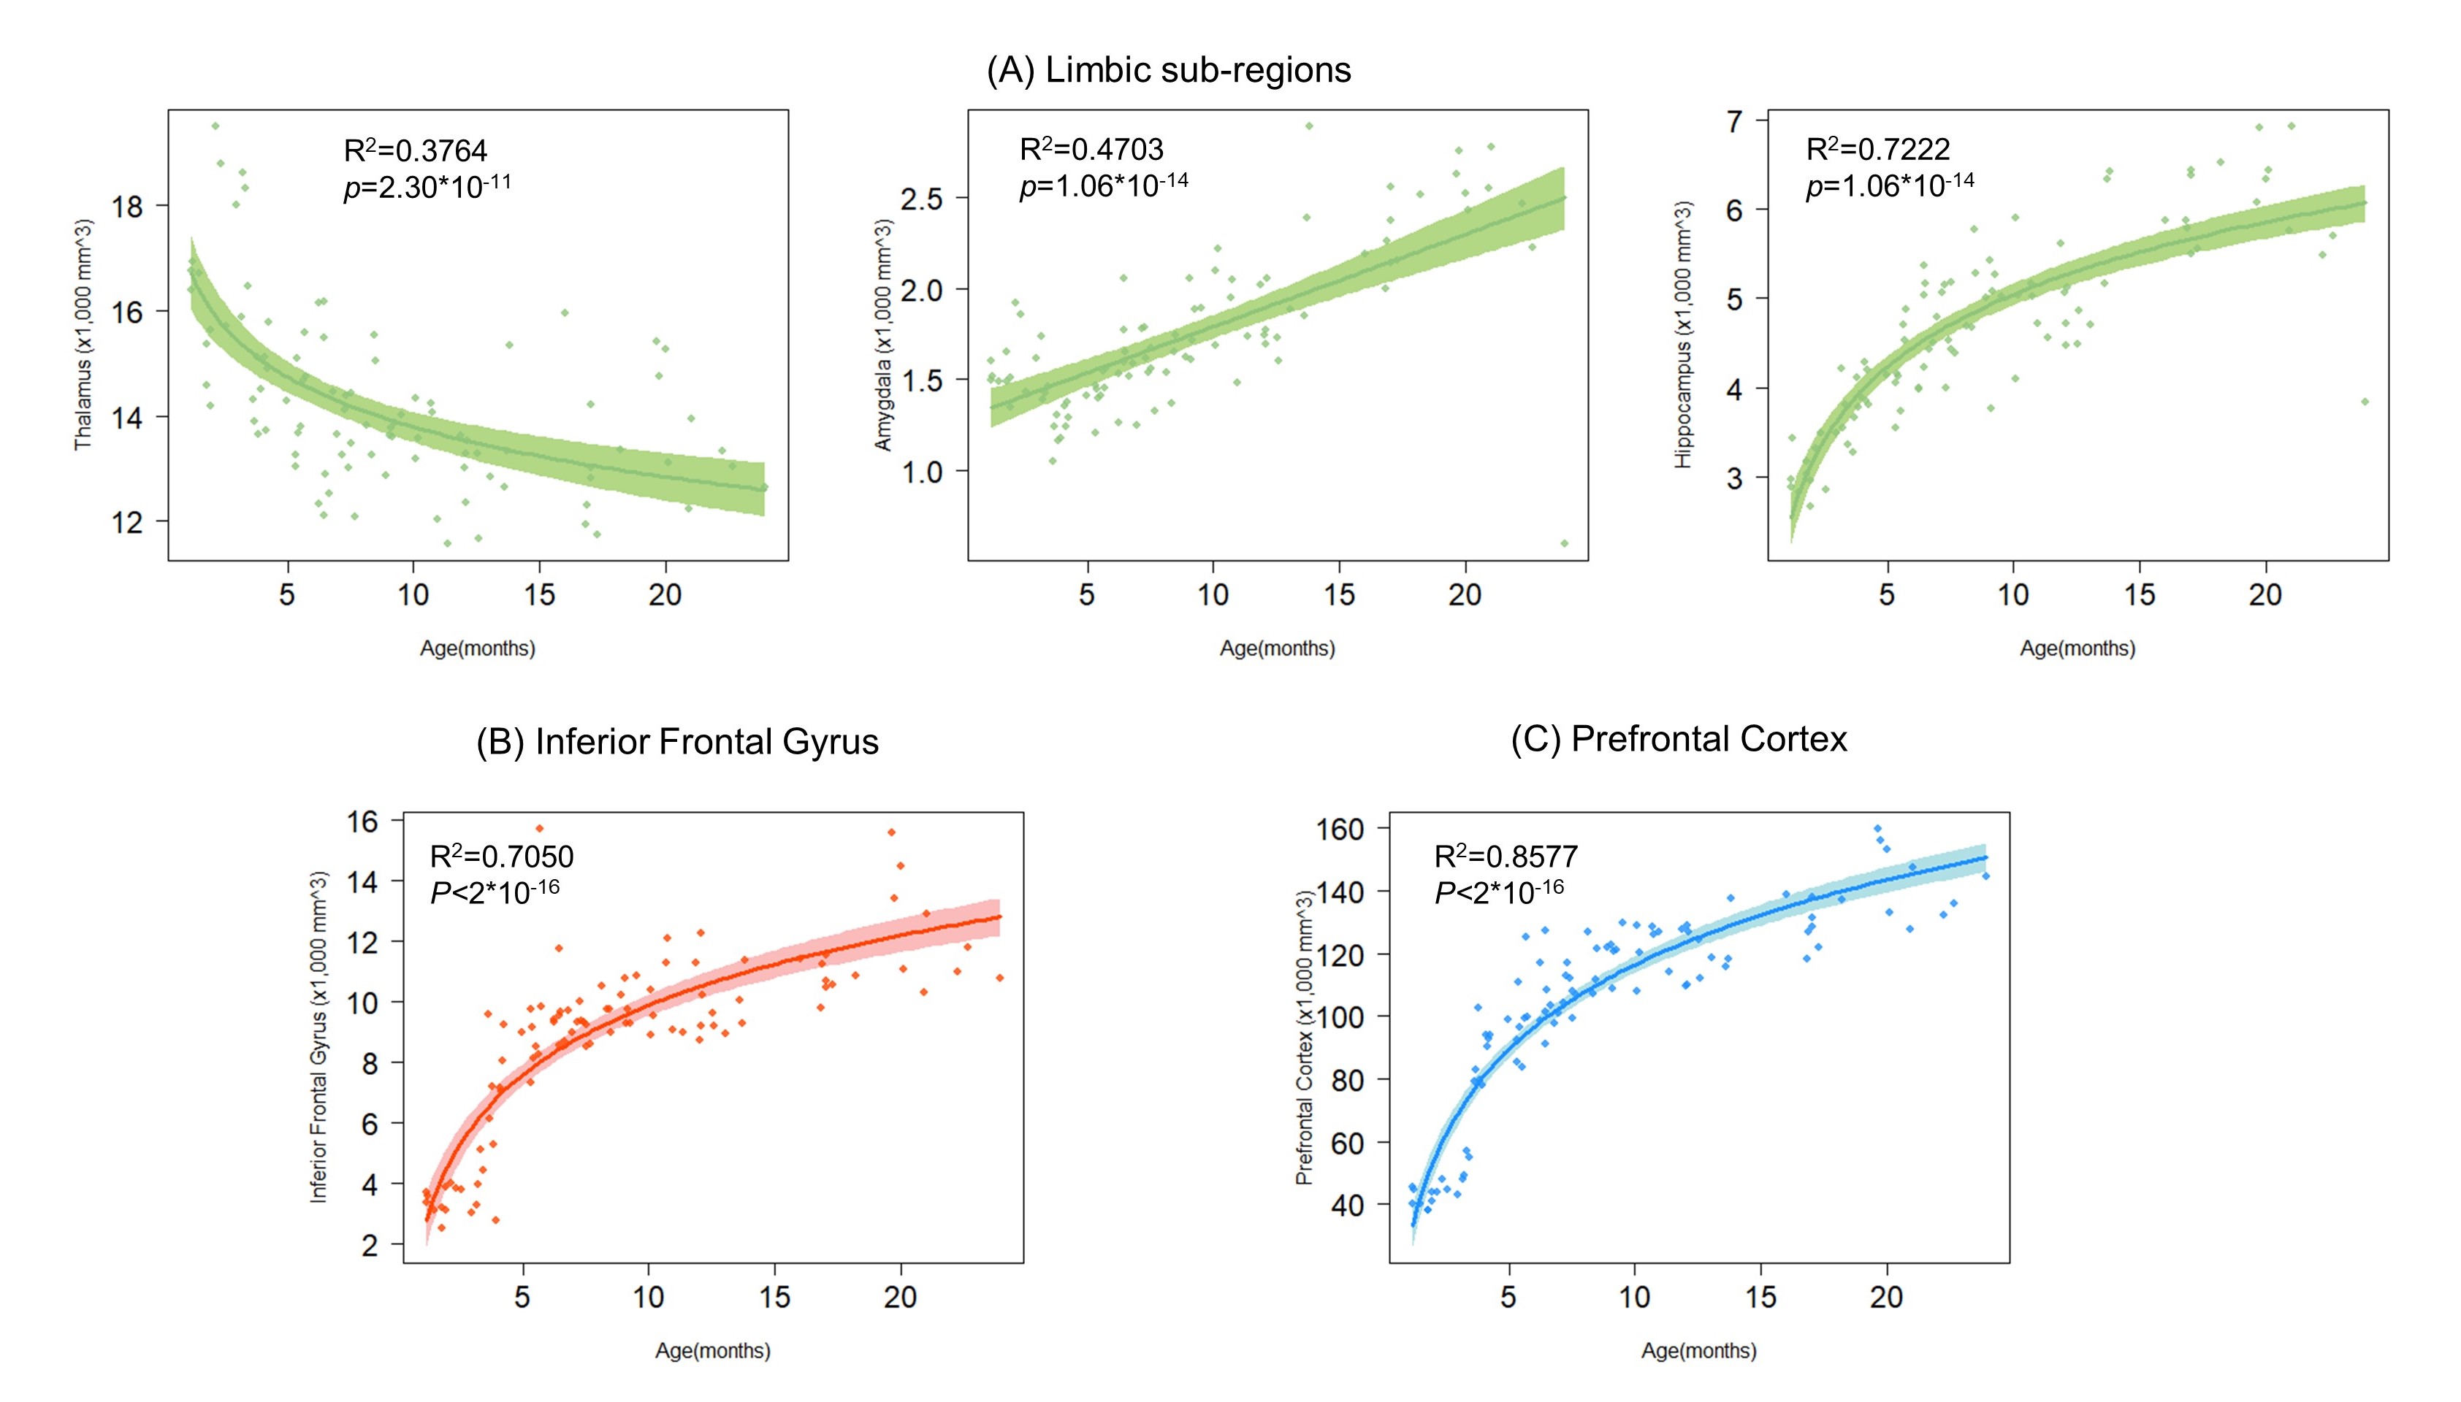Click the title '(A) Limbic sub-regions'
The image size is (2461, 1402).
[x=1168, y=70]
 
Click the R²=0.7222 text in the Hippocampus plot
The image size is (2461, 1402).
[x=1877, y=148]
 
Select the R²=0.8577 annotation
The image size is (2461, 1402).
[x=1506, y=856]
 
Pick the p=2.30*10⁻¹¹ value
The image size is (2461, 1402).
[x=427, y=186]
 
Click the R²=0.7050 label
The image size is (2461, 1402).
[x=501, y=856]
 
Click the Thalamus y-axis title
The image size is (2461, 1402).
[x=84, y=334]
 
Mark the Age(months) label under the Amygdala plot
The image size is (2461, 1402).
[x=1277, y=648]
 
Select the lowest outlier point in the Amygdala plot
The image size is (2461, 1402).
[x=1563, y=544]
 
